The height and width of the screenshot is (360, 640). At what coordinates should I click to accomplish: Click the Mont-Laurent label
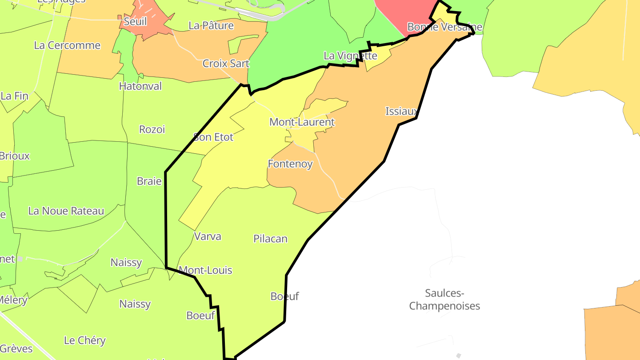302,122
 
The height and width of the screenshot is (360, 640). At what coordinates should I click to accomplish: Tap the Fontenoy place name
290,164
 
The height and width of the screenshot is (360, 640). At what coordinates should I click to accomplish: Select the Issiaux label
401,112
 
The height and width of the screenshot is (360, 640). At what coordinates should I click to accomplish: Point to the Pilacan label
270,239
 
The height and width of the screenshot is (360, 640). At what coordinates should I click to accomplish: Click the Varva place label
208,236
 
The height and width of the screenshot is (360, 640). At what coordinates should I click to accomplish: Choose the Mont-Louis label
205,270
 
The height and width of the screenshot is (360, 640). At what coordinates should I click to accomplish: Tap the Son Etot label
213,137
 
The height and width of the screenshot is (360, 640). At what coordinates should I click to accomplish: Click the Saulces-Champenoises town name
444,300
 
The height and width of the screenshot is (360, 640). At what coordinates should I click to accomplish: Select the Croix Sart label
226,64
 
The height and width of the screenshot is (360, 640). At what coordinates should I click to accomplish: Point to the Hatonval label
140,86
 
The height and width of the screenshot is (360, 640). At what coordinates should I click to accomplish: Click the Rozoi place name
152,129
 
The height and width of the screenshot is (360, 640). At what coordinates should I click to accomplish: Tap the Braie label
149,181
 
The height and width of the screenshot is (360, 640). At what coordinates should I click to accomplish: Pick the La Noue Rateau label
66,211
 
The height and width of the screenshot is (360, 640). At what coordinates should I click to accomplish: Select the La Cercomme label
67,45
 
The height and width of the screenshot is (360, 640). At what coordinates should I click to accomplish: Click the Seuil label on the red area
135,22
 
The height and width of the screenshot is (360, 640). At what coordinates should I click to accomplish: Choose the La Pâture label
211,26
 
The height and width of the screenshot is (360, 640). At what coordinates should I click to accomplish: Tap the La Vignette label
350,56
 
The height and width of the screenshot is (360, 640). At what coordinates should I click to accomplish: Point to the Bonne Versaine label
444,27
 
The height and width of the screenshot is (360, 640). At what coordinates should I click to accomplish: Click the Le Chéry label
85,341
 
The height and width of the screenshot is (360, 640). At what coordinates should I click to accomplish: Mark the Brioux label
15,156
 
